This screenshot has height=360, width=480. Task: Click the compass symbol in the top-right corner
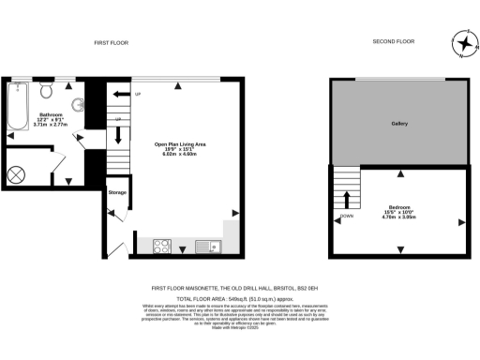click(x=462, y=43)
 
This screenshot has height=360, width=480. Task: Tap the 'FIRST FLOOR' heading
click(x=111, y=43)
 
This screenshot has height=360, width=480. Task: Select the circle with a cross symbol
click(x=18, y=174)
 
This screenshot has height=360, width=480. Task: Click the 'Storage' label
click(x=117, y=192)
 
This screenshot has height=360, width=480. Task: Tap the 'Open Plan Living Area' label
click(x=180, y=143)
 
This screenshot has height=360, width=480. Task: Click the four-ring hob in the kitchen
click(x=160, y=247)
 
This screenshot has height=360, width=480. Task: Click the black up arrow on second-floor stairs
click(x=347, y=199)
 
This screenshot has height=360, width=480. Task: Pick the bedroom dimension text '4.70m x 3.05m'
click(x=399, y=217)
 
